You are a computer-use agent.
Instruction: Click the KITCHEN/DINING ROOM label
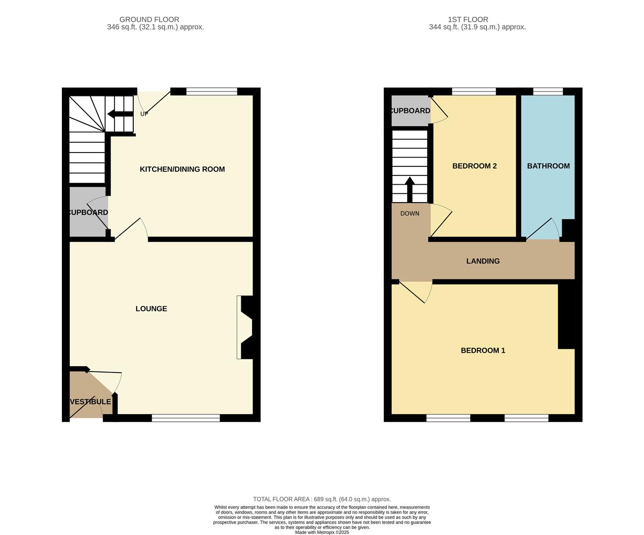pyautogui.click(x=182, y=169)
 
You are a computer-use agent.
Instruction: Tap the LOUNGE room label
pyautogui.click(x=151, y=309)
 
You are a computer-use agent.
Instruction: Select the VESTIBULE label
pyautogui.click(x=90, y=402)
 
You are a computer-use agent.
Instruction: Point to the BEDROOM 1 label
pyautogui.click(x=483, y=351)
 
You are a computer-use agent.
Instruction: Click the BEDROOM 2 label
pyautogui.click(x=474, y=166)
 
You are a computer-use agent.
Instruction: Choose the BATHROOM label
pyautogui.click(x=548, y=166)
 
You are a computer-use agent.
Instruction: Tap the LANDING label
pyautogui.click(x=483, y=261)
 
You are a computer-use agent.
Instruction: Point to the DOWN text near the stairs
pyautogui.click(x=410, y=214)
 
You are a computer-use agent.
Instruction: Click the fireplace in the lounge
pyautogui.click(x=245, y=327)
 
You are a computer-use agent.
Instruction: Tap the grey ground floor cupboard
pyautogui.click(x=88, y=212)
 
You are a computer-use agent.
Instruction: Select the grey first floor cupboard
pyautogui.click(x=410, y=110)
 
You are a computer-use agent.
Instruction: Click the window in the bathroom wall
pyautogui.click(x=548, y=91)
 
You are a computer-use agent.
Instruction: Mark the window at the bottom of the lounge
pyautogui.click(x=186, y=419)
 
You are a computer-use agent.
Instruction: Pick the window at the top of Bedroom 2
pyautogui.click(x=474, y=91)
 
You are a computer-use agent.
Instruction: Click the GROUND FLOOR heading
pyautogui.click(x=149, y=20)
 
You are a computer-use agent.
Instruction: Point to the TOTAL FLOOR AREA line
pyautogui.click(x=322, y=499)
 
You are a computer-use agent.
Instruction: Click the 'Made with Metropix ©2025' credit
pyautogui.click(x=322, y=533)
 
